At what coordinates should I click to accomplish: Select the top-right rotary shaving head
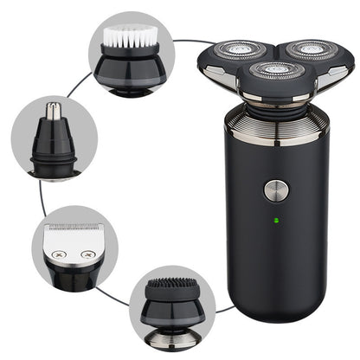310,50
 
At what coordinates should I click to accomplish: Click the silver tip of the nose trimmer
54,110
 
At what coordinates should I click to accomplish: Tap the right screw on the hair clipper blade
89,254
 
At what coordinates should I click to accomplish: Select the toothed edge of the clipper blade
74,228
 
